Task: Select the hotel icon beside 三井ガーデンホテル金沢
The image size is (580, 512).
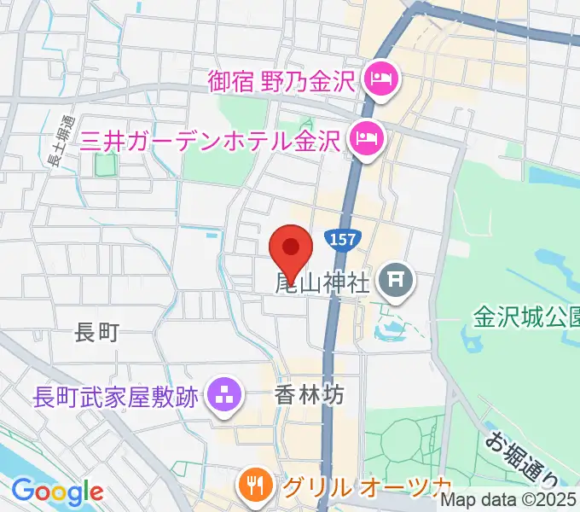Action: pyautogui.click(x=368, y=138)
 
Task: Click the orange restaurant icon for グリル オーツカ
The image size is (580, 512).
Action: pyautogui.click(x=255, y=488)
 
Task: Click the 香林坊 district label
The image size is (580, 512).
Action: pyautogui.click(x=309, y=395)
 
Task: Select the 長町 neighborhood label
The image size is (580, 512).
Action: pyautogui.click(x=96, y=333)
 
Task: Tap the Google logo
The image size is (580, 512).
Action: pyautogui.click(x=57, y=492)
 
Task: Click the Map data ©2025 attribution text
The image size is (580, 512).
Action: pyautogui.click(x=509, y=501)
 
